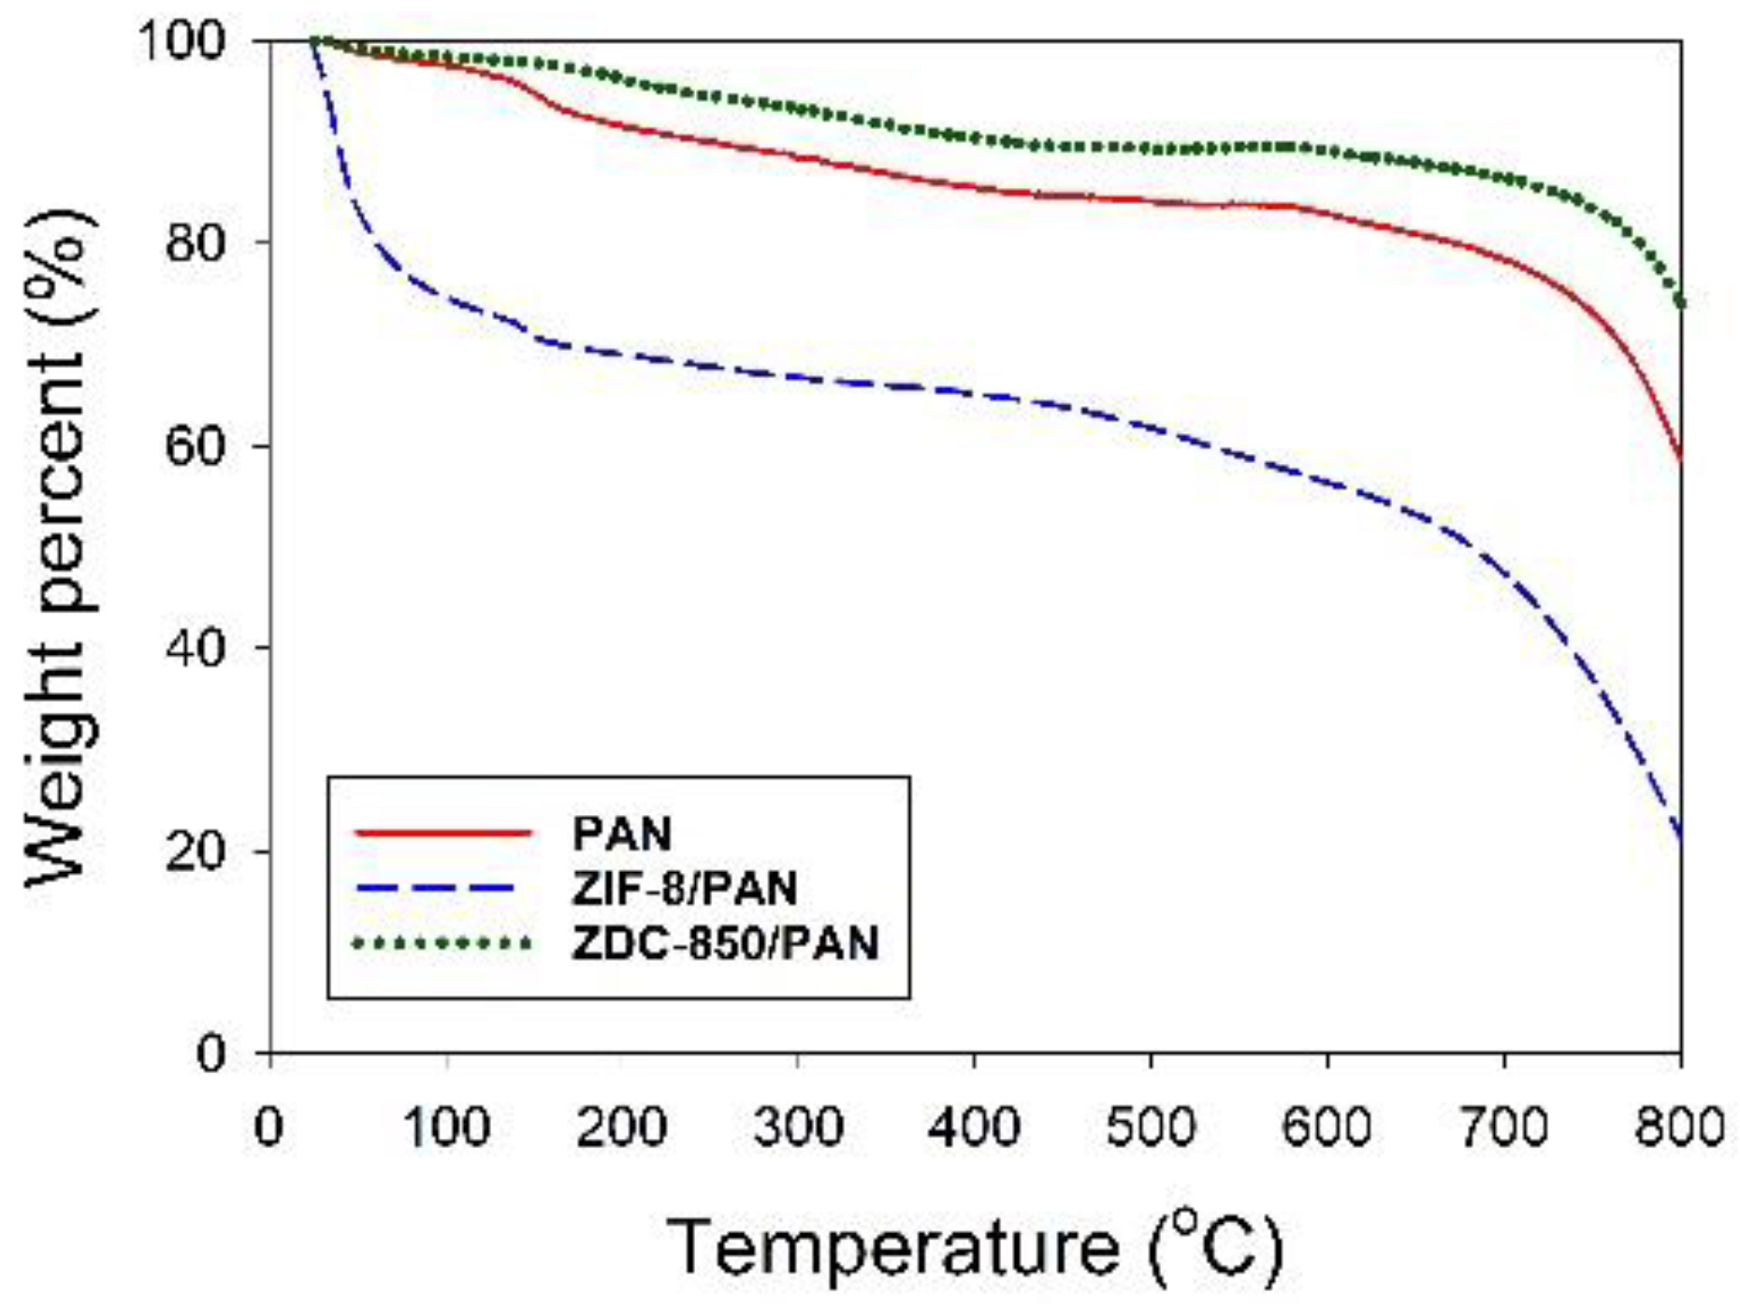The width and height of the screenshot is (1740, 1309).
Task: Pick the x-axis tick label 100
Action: click(x=446, y=1127)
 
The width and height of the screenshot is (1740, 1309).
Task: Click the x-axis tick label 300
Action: click(x=798, y=1127)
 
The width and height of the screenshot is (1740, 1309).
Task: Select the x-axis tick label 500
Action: click(x=1151, y=1127)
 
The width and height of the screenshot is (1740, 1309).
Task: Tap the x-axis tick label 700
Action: click(x=1503, y=1127)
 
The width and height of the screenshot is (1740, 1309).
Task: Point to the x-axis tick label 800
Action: click(x=1679, y=1127)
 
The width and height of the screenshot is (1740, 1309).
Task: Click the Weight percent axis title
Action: click(x=62, y=547)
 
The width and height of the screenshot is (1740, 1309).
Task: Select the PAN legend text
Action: click(x=621, y=833)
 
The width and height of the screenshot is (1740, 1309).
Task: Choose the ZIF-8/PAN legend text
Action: click(x=684, y=887)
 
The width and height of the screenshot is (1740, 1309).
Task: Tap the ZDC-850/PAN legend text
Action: click(x=725, y=942)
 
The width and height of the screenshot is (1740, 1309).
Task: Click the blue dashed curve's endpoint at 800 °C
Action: click(x=1680, y=836)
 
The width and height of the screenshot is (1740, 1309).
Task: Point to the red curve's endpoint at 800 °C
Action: click(x=1680, y=457)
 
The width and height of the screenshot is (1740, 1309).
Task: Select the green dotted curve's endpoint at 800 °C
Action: click(x=1680, y=304)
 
